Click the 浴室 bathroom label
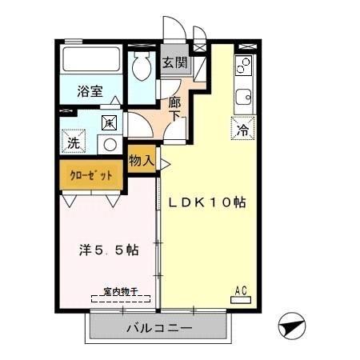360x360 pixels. (90, 90)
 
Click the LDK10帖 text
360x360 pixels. (206, 202)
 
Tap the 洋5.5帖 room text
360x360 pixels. (109, 250)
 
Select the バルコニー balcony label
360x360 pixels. (159, 328)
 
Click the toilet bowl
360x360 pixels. (144, 69)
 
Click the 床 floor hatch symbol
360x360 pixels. (110, 122)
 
